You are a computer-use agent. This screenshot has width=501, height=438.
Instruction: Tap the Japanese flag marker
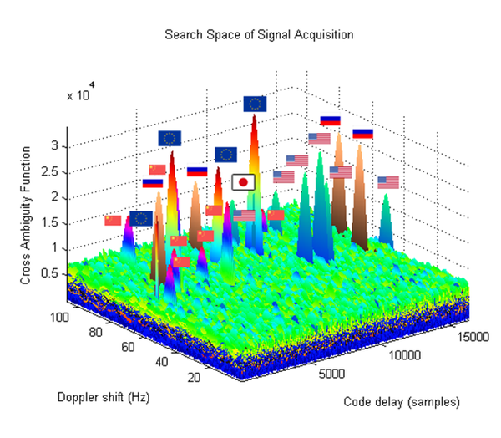tap(242, 181)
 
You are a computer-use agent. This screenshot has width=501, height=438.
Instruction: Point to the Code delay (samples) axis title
tap(402, 402)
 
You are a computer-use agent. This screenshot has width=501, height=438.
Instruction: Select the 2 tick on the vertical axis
tap(53, 197)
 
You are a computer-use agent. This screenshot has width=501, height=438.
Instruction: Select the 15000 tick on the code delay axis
tap(470, 335)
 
